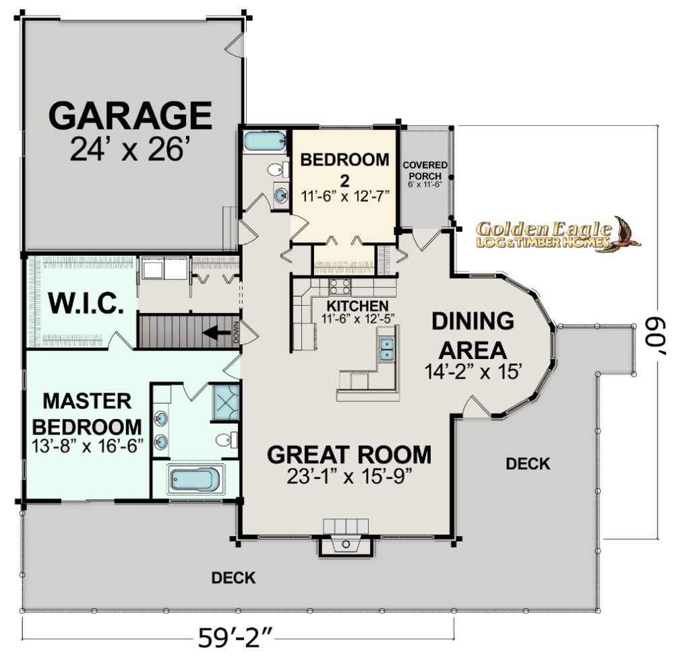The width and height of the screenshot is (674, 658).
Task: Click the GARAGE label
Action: tap(130, 116)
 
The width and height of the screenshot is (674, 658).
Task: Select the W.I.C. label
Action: tap(86, 303)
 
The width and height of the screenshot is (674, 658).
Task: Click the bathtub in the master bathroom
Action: tap(195, 480)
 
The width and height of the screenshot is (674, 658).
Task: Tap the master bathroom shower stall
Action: tap(226, 402)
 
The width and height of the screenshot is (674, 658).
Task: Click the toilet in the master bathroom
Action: tap(226, 440)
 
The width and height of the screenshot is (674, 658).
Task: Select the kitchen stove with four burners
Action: tap(340, 286)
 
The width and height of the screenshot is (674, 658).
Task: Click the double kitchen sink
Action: tap(387, 349)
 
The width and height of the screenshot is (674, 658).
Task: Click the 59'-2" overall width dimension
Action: tap(236, 638)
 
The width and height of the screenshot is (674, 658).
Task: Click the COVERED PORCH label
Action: tap(425, 170)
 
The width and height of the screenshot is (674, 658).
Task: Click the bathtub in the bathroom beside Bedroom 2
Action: tap(265, 141)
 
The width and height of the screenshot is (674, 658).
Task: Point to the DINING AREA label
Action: tap(473, 335)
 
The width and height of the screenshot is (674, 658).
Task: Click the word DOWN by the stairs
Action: tap(236, 333)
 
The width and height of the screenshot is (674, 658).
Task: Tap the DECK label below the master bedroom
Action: tap(233, 578)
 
